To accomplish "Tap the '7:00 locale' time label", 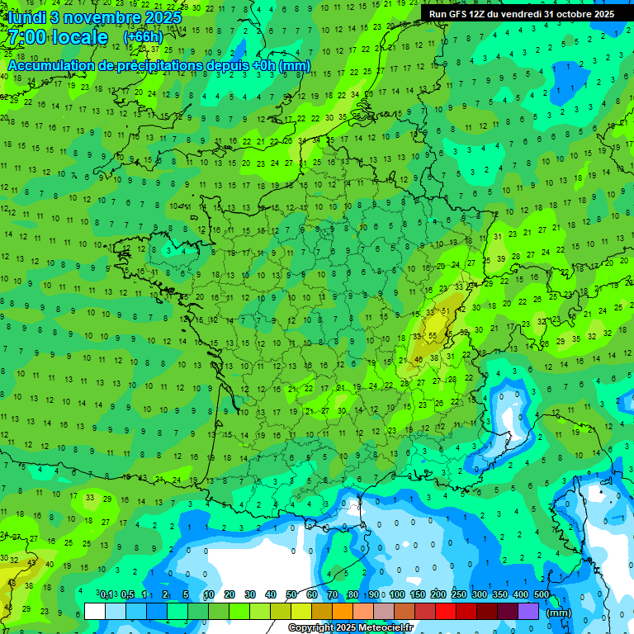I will click(x=58, y=37).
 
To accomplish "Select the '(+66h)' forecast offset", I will click(x=143, y=37).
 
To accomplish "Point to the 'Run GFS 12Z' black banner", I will click(x=522, y=14).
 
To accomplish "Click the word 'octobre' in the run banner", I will click(x=576, y=14).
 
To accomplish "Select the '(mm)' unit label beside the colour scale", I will click(x=559, y=613).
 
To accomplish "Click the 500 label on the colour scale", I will click(x=542, y=595).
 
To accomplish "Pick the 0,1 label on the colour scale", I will click(x=106, y=595).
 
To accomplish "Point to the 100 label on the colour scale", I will click(x=397, y=595).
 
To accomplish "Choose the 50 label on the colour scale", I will click(x=291, y=595).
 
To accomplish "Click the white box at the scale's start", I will click(x=95, y=612).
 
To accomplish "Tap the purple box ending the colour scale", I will click(x=528, y=612).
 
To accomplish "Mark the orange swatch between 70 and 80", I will click(x=343, y=612).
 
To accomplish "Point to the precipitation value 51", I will click(x=446, y=311).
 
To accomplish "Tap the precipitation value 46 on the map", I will click(x=419, y=359).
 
